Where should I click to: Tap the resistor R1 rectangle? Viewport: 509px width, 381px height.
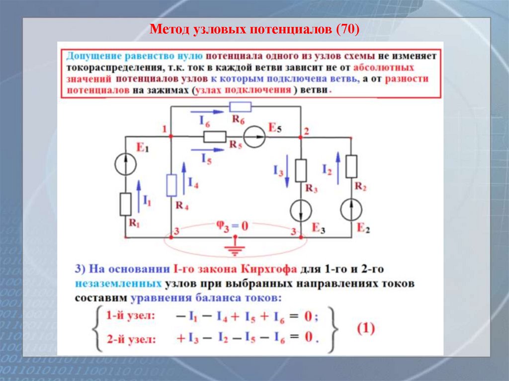125,204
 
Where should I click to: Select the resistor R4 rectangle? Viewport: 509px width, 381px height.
171,185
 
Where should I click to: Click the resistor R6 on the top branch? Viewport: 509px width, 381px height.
241,107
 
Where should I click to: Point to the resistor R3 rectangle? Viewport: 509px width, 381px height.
301,170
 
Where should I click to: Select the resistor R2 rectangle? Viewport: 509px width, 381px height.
351,166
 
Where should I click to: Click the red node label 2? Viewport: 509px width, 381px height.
306,132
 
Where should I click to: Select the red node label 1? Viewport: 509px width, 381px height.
164,129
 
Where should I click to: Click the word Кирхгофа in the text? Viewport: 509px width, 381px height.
269,270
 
